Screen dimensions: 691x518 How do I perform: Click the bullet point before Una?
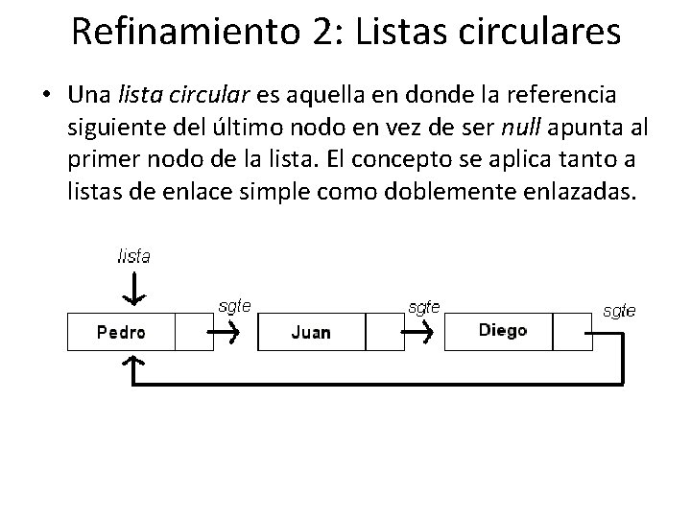tap(45, 96)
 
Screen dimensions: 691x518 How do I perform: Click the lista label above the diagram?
tap(133, 256)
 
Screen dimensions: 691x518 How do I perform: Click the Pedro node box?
tap(121, 332)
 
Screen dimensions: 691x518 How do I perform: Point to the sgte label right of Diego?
tap(618, 310)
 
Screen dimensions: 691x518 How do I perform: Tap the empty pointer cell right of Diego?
tap(573, 332)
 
